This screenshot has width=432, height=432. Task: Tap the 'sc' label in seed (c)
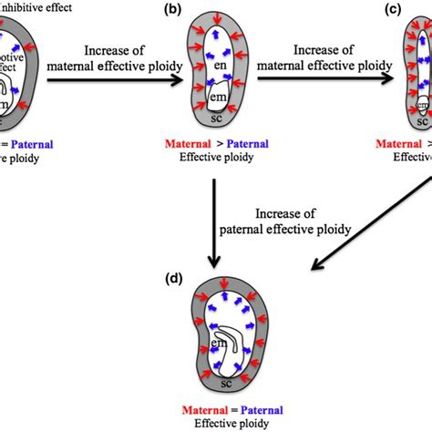[x=421, y=119]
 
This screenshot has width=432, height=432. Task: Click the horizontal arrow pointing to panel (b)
[x=108, y=80]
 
